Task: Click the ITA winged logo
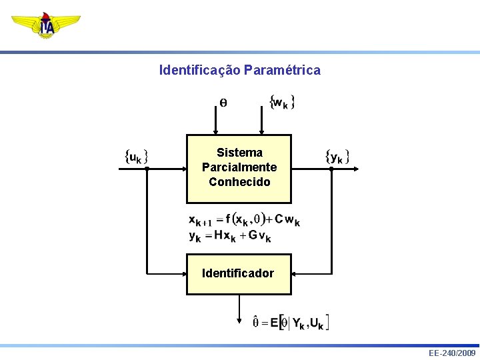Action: tap(46, 25)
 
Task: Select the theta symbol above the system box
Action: tap(223, 103)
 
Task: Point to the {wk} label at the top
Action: tap(282, 103)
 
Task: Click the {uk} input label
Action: tap(136, 157)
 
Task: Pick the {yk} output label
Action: tap(337, 157)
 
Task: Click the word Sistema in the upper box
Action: tap(239, 153)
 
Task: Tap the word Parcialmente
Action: tap(239, 167)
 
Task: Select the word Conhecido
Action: tap(239, 181)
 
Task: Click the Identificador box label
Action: tap(238, 273)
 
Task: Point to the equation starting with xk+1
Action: tap(244, 220)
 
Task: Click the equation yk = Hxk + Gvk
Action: tap(230, 236)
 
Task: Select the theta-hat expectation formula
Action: tap(290, 323)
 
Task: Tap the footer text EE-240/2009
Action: tap(452, 353)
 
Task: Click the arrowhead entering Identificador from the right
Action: tap(295, 273)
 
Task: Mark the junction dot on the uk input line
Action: tap(146, 169)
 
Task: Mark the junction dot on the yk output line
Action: tap(331, 169)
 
